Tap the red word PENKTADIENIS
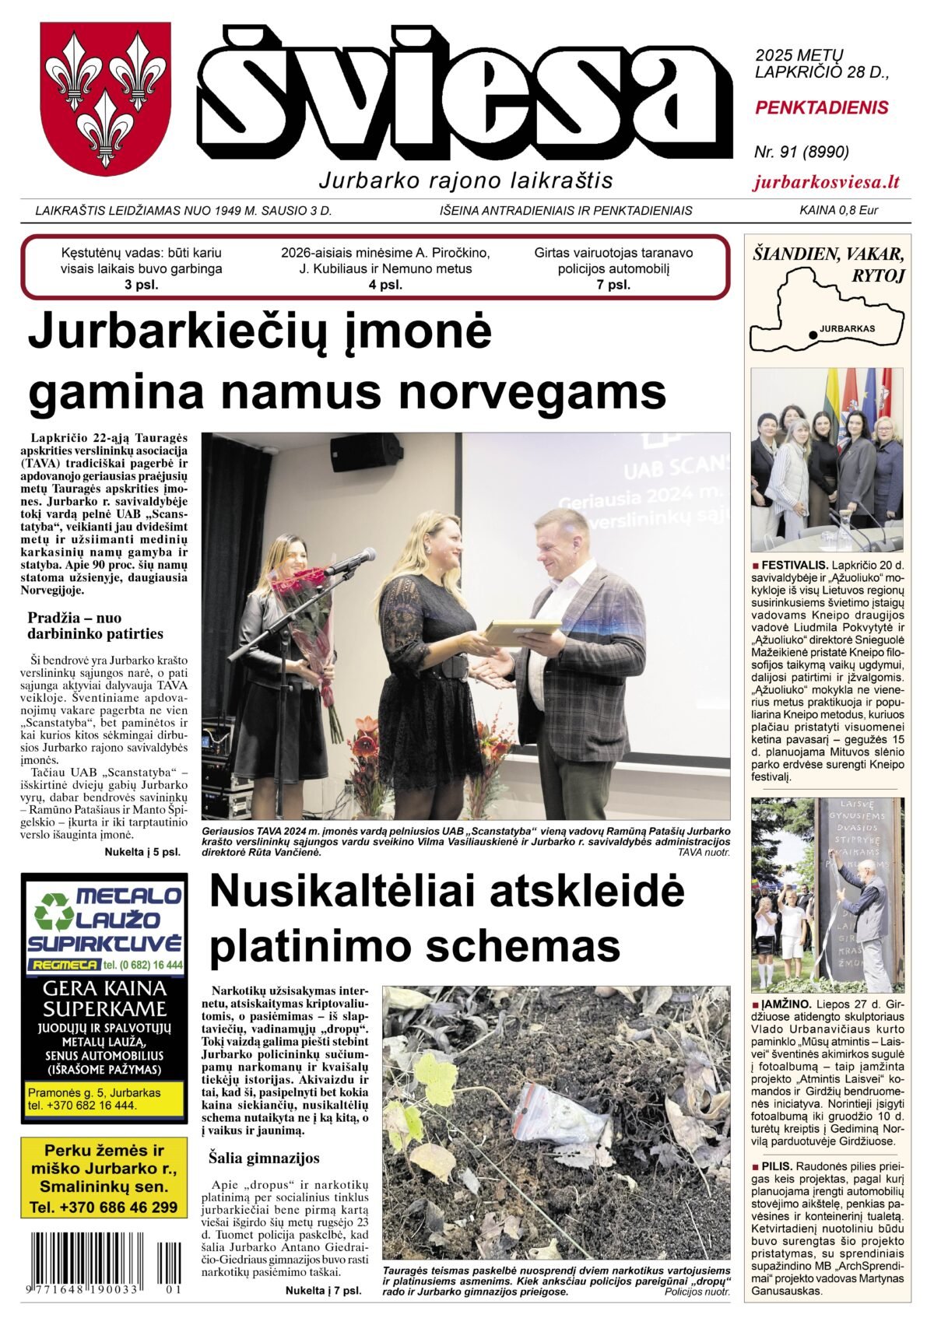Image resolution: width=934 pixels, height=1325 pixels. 821,107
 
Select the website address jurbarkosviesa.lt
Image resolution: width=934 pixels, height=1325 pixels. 827,182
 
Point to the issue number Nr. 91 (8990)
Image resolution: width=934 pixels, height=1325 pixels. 801,152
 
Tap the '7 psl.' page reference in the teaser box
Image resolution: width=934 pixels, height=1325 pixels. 613,285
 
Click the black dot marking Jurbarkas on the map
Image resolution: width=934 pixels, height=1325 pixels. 813,335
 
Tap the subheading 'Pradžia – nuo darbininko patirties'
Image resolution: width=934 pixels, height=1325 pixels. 96,625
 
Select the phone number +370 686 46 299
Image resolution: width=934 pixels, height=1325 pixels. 104,1208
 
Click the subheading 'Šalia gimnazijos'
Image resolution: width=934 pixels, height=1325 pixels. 264,1157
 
